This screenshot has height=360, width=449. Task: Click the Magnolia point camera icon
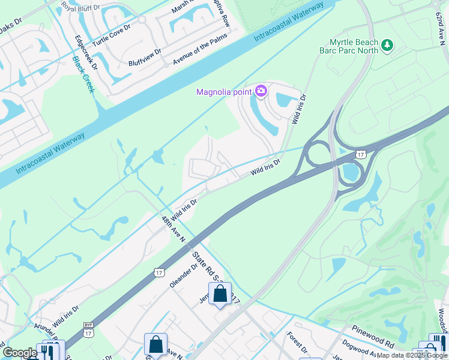[x=261, y=91]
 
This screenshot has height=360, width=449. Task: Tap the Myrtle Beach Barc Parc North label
[x=354, y=46]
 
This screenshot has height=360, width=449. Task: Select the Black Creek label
[x=83, y=74]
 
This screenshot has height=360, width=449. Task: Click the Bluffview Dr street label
[x=145, y=58]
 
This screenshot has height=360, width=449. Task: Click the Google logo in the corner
[x=20, y=353]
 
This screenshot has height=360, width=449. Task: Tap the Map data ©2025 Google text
[x=412, y=355]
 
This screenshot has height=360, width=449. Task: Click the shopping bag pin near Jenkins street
[x=220, y=295]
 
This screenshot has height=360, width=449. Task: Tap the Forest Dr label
[x=297, y=343]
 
